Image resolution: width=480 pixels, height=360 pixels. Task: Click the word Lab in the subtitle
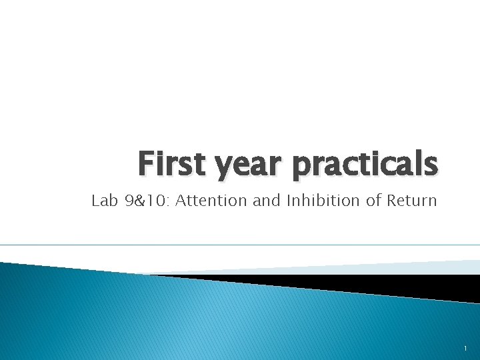(x=103, y=201)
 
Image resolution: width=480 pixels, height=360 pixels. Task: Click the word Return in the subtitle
(x=412, y=201)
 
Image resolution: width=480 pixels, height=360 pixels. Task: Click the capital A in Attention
(x=181, y=201)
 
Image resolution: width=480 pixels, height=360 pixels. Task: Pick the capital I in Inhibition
(x=289, y=201)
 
